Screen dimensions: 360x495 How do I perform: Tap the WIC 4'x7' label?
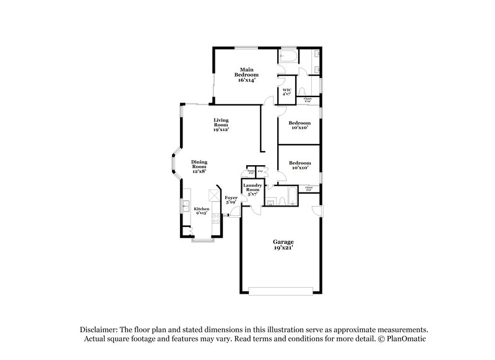(x=287, y=92)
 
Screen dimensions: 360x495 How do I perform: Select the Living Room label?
(x=221, y=124)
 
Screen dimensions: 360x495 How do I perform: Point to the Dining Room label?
(x=199, y=166)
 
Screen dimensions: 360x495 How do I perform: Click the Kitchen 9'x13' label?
(x=202, y=211)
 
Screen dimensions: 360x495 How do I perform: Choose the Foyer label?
(x=231, y=200)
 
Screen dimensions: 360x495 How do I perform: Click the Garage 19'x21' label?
(x=283, y=244)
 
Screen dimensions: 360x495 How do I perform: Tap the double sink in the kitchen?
(x=184, y=206)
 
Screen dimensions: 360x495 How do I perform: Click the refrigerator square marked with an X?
(x=213, y=195)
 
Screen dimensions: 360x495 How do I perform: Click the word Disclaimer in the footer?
(x=101, y=330)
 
